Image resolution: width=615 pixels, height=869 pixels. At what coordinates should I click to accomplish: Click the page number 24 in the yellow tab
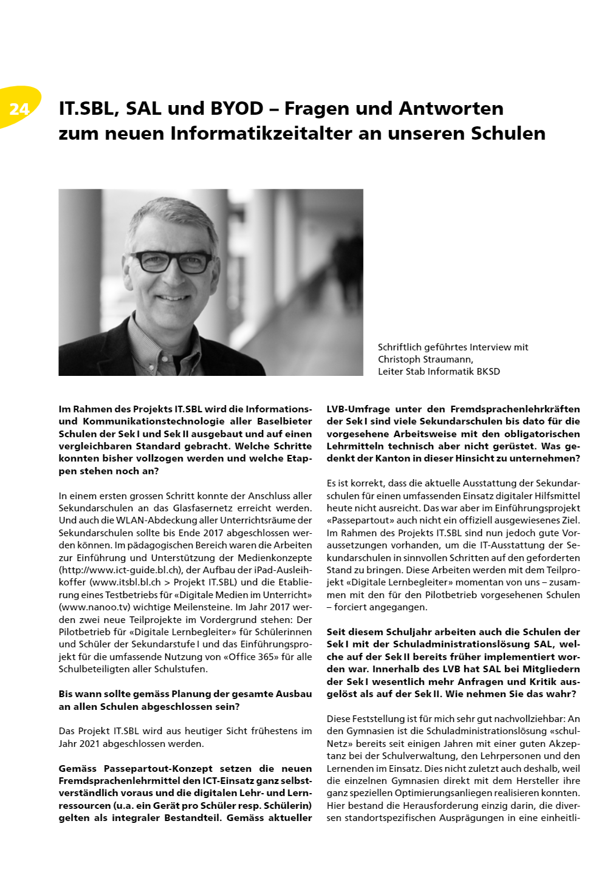[19, 109]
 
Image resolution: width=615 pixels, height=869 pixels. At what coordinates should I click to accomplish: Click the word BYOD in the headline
[236, 109]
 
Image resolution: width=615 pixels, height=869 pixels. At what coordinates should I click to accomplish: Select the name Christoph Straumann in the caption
[425, 359]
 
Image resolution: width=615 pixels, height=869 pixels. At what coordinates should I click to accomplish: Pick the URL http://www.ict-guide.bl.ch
[120, 570]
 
